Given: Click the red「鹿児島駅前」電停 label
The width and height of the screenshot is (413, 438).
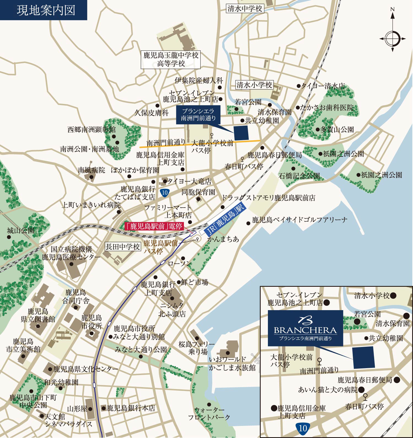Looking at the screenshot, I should (154, 226).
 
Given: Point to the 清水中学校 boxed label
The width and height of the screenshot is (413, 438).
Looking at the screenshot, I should (245, 9).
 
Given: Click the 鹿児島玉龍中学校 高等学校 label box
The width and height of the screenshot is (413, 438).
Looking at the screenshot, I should (171, 59).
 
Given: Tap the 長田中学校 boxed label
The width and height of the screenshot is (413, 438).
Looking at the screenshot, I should (123, 247).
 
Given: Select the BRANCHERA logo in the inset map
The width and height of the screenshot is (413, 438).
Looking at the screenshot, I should (305, 328).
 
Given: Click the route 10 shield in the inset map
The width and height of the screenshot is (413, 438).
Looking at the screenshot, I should (303, 428).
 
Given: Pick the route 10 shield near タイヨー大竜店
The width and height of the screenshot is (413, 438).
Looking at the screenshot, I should (165, 192).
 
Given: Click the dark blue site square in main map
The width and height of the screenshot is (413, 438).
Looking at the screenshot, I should (241, 133).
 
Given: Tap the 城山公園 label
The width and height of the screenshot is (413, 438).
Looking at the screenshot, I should (21, 230).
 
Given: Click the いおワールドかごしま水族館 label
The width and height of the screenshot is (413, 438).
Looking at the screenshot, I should (232, 363).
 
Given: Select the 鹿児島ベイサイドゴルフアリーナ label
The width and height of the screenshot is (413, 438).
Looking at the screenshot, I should (300, 220).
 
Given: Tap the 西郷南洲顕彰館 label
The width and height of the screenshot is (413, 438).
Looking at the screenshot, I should (92, 129).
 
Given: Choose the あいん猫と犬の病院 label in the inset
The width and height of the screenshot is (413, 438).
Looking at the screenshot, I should (328, 390).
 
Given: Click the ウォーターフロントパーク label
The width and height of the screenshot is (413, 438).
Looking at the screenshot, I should (209, 413).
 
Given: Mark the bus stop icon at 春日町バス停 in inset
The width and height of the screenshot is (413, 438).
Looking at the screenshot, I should (365, 396).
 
